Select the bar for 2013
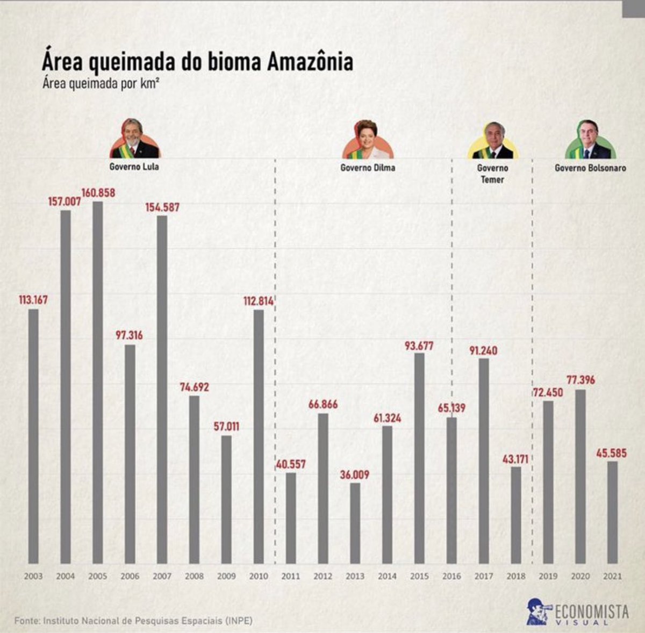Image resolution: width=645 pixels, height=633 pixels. point(355,523)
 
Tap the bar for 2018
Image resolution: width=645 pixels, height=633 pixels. point(516,515)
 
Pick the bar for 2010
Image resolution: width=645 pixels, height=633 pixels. point(259,436)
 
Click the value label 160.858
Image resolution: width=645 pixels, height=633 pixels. point(98,192)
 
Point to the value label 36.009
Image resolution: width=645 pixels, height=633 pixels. point(355,475)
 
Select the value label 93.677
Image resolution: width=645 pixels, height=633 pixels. point(419,346)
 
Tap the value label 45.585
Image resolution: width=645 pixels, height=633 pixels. point(611,454)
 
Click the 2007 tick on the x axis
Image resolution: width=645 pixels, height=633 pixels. point(162,576)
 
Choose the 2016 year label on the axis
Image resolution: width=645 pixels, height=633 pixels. point(451,576)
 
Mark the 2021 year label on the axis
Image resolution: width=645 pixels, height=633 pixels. point(612,576)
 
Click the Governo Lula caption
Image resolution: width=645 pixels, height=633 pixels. point(134,167)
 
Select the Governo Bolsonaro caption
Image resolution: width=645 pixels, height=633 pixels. point(590,168)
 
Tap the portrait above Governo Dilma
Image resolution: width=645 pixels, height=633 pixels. point(368,140)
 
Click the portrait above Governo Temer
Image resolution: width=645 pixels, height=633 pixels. point(492,140)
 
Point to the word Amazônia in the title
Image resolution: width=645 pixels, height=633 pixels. point(310,62)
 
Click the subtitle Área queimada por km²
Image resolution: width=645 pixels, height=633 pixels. point(102,84)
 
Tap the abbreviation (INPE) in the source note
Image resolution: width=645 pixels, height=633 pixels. point(239,621)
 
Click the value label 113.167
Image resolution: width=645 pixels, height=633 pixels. point(33,300)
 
